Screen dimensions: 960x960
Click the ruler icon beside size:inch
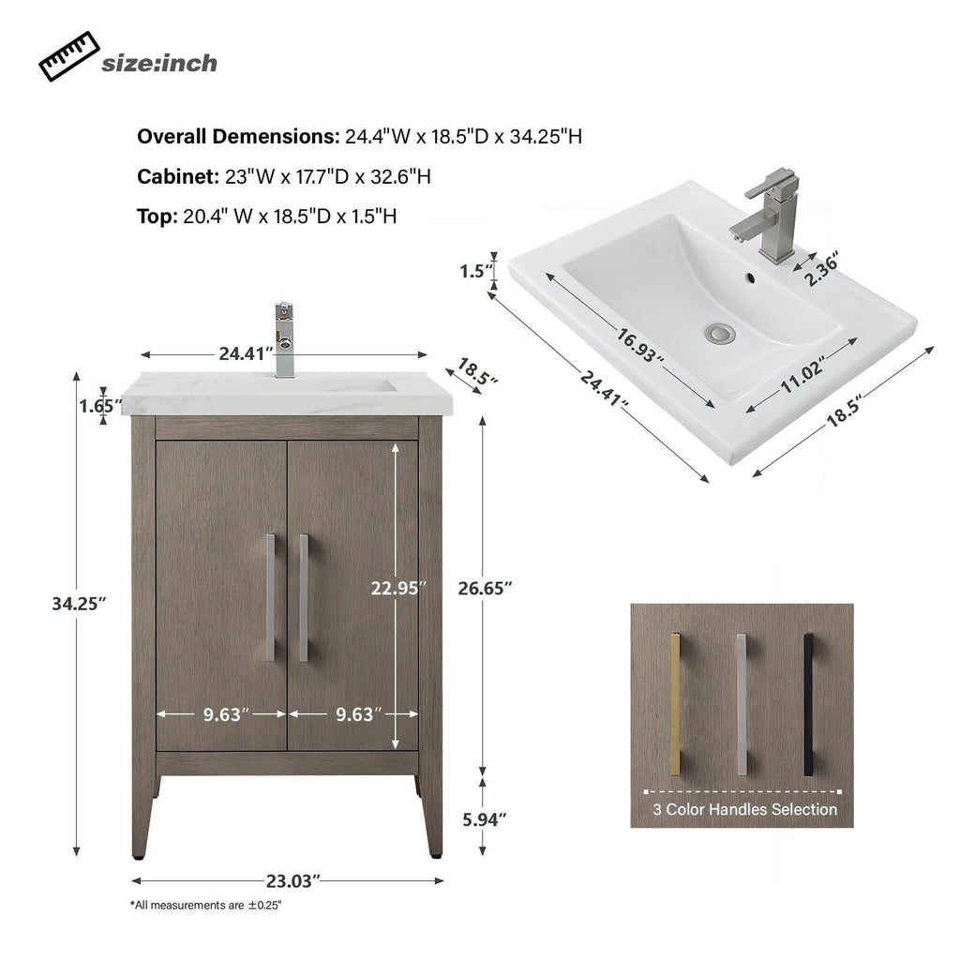tap(68, 56)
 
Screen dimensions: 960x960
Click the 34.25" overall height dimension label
tap(79, 604)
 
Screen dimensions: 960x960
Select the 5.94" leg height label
tap(485, 818)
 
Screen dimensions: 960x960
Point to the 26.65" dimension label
tap(485, 588)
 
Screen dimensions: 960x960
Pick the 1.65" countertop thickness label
tap(101, 406)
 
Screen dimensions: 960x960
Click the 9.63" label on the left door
tap(226, 713)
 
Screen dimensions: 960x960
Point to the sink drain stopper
tap(721, 332)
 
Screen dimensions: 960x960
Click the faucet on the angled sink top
tap(769, 211)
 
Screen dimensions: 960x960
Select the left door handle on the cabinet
tap(270, 597)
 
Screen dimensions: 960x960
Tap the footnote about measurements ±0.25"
tap(205, 906)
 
